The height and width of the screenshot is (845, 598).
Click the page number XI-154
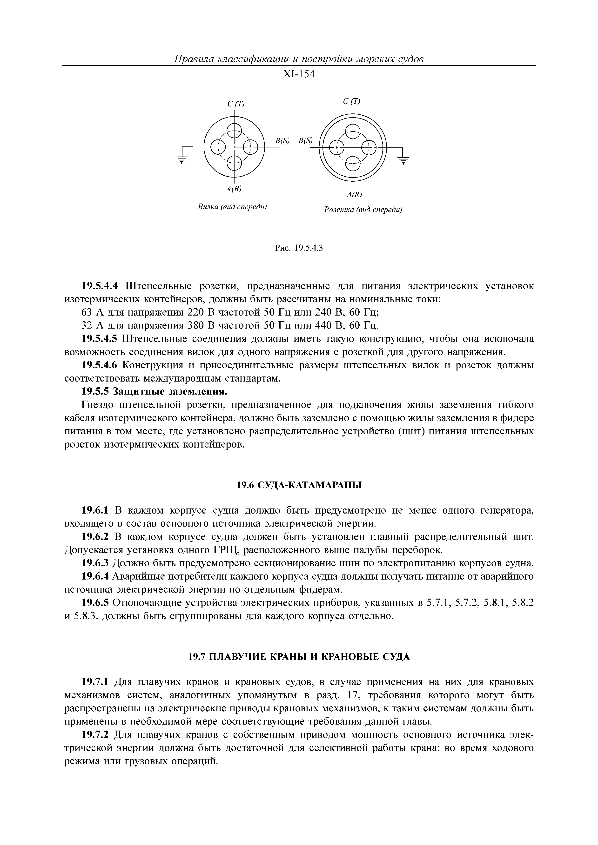pos(299,74)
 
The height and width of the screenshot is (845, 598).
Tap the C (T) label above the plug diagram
pos(236,104)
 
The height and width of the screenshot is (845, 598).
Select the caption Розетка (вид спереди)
pos(363,210)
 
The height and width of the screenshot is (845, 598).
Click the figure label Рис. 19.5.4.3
pos(299,248)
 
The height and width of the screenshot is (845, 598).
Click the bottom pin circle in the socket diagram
pos(353,162)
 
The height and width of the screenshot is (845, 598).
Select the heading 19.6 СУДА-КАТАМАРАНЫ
pos(299,485)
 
